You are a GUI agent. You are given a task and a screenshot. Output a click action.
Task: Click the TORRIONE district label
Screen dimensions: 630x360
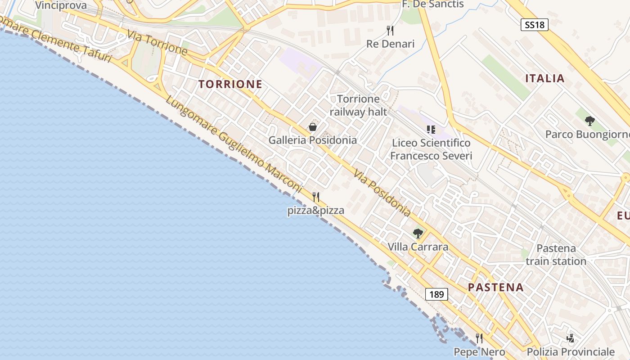pyautogui.click(x=230, y=84)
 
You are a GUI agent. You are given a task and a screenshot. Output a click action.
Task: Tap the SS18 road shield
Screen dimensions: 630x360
pyautogui.click(x=535, y=25)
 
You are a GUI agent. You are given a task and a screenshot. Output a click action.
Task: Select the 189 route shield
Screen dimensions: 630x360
pyautogui.click(x=436, y=295)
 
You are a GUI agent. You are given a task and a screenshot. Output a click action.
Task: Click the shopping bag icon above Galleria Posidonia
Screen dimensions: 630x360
pyautogui.click(x=313, y=127)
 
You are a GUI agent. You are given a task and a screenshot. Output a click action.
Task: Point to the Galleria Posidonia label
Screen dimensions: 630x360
pyautogui.click(x=313, y=140)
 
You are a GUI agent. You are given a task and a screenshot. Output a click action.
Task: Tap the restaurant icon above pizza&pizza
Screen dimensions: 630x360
pyautogui.click(x=316, y=197)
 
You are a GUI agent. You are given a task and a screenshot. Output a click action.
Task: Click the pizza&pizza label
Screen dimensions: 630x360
pyautogui.click(x=316, y=210)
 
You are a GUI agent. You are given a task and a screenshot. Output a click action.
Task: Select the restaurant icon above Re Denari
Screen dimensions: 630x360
pyautogui.click(x=390, y=31)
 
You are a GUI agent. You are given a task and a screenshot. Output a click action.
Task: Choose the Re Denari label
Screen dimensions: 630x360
pyautogui.click(x=390, y=44)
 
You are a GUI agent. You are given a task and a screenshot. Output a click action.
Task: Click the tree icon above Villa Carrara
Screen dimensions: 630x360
pyautogui.click(x=418, y=234)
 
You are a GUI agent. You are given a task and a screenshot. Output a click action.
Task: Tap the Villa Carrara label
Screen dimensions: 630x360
pyautogui.click(x=418, y=247)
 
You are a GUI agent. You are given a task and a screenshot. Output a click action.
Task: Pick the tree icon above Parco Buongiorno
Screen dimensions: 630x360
pyautogui.click(x=589, y=121)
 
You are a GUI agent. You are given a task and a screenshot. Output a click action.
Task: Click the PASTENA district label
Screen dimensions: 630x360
pyautogui.click(x=496, y=288)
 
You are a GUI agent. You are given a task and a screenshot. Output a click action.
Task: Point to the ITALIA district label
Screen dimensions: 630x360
pyautogui.click(x=545, y=78)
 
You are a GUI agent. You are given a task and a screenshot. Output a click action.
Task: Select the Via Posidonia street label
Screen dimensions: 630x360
pyautogui.click(x=382, y=193)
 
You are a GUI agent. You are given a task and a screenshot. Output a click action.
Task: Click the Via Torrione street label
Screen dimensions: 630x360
pyautogui.click(x=157, y=43)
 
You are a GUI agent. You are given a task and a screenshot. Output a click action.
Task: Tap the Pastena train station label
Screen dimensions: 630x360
pyautogui.click(x=556, y=255)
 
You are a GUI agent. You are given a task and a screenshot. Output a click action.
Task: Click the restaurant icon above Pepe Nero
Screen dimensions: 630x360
pyautogui.click(x=479, y=338)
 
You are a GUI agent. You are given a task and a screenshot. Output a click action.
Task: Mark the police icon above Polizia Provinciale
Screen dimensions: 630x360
pyautogui.click(x=571, y=338)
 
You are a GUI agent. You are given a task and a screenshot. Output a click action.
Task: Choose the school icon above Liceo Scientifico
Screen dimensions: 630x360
pyautogui.click(x=431, y=130)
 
